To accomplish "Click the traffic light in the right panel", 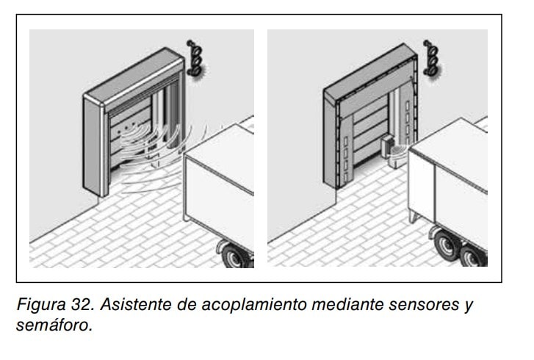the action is (431, 58).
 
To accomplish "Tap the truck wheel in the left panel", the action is (235, 257).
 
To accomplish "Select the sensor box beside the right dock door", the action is (387, 146).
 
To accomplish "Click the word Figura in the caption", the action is (41, 304).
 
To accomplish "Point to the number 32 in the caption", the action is (82, 304).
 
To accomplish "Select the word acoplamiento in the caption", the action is (254, 304).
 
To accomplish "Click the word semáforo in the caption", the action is (54, 325).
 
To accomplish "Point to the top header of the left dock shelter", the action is (134, 79).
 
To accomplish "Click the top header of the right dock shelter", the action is (370, 76).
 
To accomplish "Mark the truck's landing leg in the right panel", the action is (414, 216).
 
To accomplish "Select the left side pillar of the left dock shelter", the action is (93, 146).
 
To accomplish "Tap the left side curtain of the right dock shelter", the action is (345, 150).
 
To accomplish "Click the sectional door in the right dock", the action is (370, 129).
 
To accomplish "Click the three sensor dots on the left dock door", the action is (126, 128).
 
